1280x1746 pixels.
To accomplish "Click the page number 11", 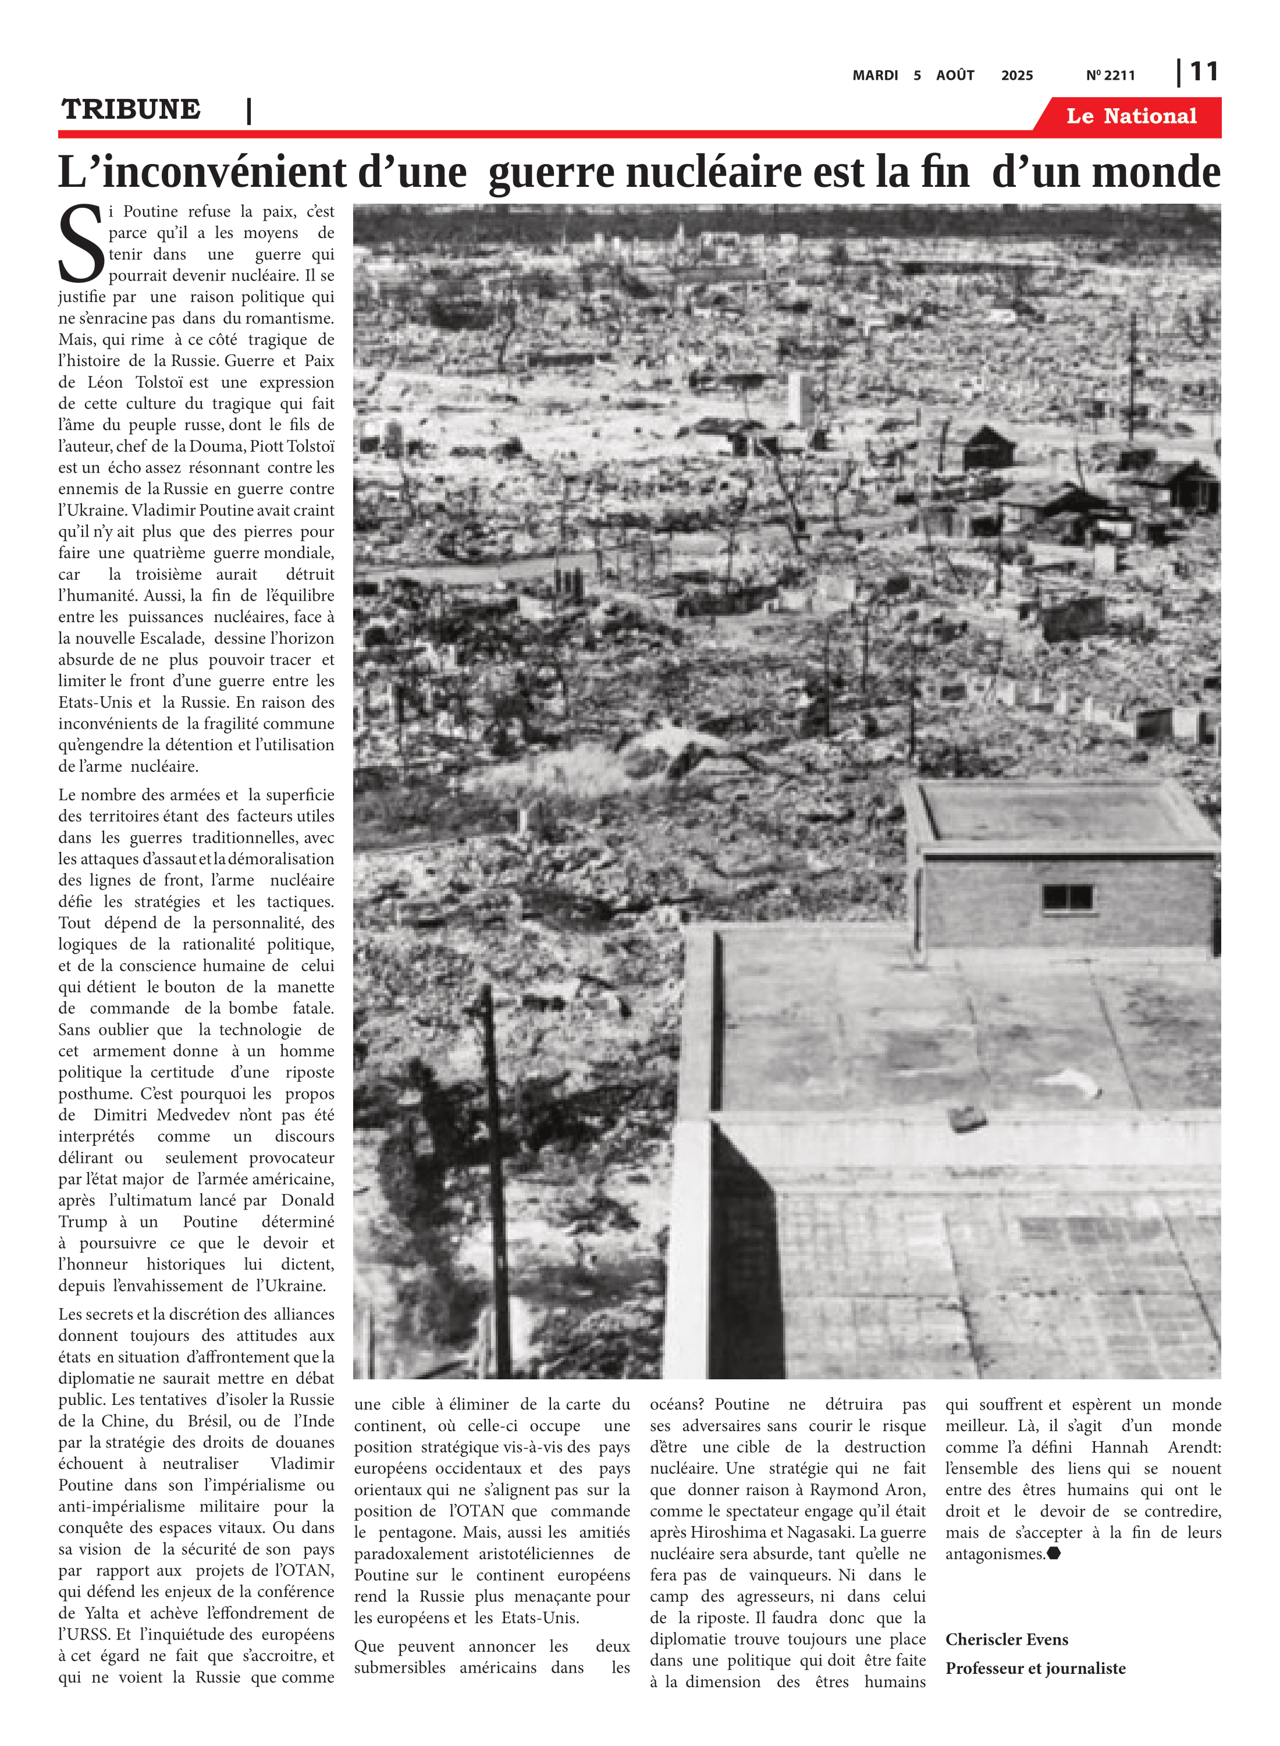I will (x=1203, y=72).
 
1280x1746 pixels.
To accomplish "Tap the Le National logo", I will (x=1130, y=116).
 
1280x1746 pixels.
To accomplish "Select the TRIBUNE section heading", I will (x=131, y=109).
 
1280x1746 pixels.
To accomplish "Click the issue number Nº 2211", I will (x=1110, y=75).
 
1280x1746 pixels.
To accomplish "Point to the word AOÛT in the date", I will (x=955, y=75).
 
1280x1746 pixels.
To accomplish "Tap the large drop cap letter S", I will (x=80, y=243).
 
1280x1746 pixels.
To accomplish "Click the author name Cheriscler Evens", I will (x=1007, y=1639).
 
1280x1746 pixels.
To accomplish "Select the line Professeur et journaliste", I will (x=1035, y=1668).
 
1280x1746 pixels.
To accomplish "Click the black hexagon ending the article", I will (x=1054, y=1553).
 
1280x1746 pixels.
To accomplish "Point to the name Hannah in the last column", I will (x=1119, y=1447).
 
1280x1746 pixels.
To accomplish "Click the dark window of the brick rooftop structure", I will (x=1067, y=897).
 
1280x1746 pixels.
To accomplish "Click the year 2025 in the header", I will (x=1016, y=75).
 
